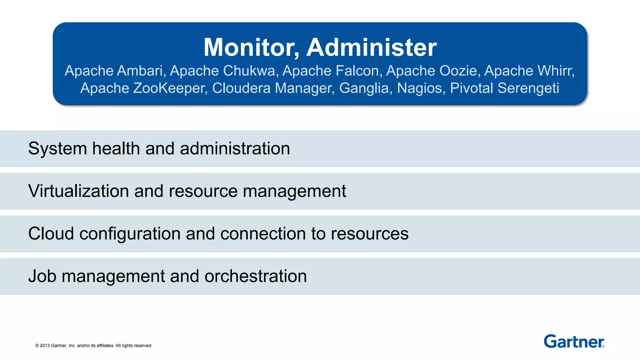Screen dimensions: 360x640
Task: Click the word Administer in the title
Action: tap(372, 47)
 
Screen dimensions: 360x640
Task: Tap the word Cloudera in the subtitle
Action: tap(241, 88)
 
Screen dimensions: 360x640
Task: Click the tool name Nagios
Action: tap(421, 88)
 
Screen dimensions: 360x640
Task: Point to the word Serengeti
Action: tap(528, 88)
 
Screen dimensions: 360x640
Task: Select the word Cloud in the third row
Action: tap(51, 233)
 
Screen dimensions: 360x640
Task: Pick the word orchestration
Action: tap(255, 276)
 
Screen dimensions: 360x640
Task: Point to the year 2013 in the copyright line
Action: tap(45, 346)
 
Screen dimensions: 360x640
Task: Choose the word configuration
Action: tap(130, 233)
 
